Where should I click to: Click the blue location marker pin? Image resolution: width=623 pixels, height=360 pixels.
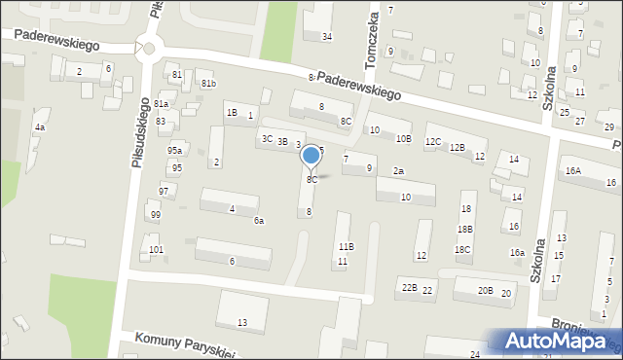311,157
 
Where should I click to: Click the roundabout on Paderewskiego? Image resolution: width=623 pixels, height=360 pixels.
148,47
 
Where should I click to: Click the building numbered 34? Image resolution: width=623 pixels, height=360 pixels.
327,37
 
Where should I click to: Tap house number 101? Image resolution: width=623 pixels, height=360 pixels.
157,250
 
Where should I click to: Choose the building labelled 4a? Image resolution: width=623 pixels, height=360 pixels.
40,127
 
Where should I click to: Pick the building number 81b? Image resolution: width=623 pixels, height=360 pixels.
208,84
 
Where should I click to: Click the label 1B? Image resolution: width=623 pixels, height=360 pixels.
232,113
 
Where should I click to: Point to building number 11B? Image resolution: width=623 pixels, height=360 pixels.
346,247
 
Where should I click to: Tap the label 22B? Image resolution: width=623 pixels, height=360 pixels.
410,288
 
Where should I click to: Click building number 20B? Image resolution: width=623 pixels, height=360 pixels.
485,291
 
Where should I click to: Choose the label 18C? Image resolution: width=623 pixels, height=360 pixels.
463,250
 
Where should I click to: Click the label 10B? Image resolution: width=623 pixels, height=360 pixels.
403,139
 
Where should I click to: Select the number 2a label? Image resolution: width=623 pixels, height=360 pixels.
398,171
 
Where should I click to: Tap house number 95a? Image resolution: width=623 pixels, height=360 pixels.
174,151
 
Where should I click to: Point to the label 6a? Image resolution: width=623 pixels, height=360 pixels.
259,221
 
